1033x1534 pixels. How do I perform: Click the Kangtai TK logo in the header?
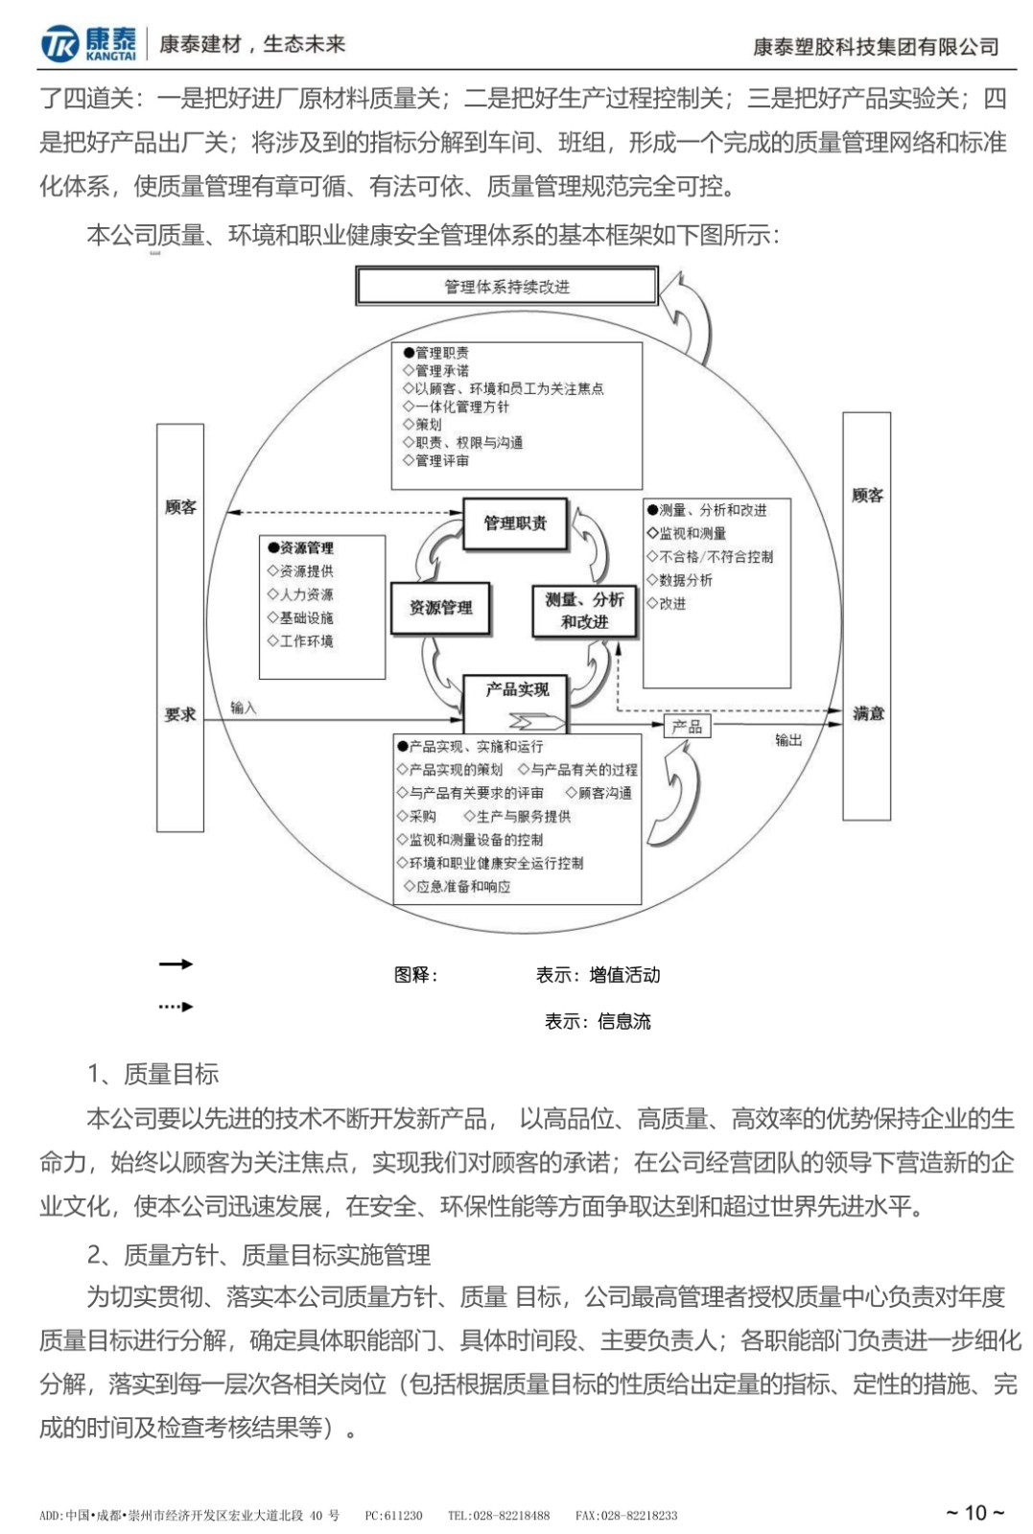click(x=59, y=44)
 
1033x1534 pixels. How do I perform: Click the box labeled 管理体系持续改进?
click(x=506, y=287)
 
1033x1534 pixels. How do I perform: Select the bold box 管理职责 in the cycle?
click(x=515, y=523)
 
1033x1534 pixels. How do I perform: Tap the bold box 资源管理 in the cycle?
click(x=440, y=608)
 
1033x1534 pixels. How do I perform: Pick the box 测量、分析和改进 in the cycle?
click(x=584, y=611)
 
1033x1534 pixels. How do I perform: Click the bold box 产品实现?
click(x=516, y=690)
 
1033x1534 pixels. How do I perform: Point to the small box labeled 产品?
click(x=687, y=726)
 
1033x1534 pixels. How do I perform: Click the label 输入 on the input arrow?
click(x=244, y=708)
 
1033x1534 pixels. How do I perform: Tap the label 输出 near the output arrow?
click(x=788, y=740)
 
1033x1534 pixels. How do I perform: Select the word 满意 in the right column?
click(x=868, y=713)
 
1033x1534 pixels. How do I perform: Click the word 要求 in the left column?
click(x=180, y=714)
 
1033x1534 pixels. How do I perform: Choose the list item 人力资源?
click(x=306, y=594)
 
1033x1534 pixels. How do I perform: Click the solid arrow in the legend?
click(x=176, y=964)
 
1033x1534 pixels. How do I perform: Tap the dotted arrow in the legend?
click(x=176, y=1007)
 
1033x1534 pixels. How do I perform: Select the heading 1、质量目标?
click(x=153, y=1074)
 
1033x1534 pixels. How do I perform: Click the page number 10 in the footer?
click(x=974, y=1512)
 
